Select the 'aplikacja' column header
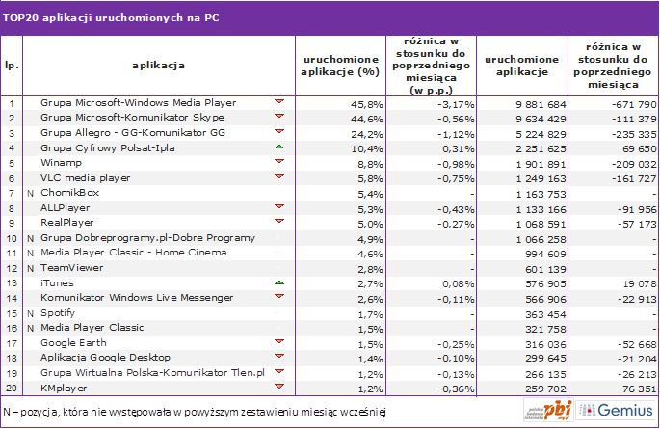(158, 65)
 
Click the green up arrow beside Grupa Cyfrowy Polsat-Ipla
(278, 147)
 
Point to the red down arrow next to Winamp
(278, 162)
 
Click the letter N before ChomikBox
(31, 193)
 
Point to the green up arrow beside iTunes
(278, 282)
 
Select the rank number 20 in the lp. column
(11, 389)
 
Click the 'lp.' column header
(11, 65)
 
